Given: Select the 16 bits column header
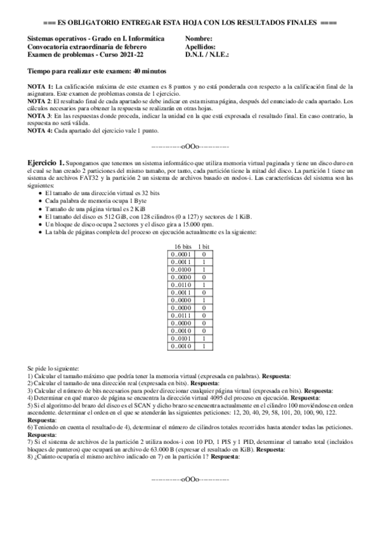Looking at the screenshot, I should click(181, 246).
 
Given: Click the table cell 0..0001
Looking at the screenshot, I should click(181, 253).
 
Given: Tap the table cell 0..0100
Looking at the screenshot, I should click(181, 269).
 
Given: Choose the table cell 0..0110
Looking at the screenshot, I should click(181, 284).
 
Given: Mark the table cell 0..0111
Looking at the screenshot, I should click(181, 315).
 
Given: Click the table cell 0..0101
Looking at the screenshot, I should click(181, 338).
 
